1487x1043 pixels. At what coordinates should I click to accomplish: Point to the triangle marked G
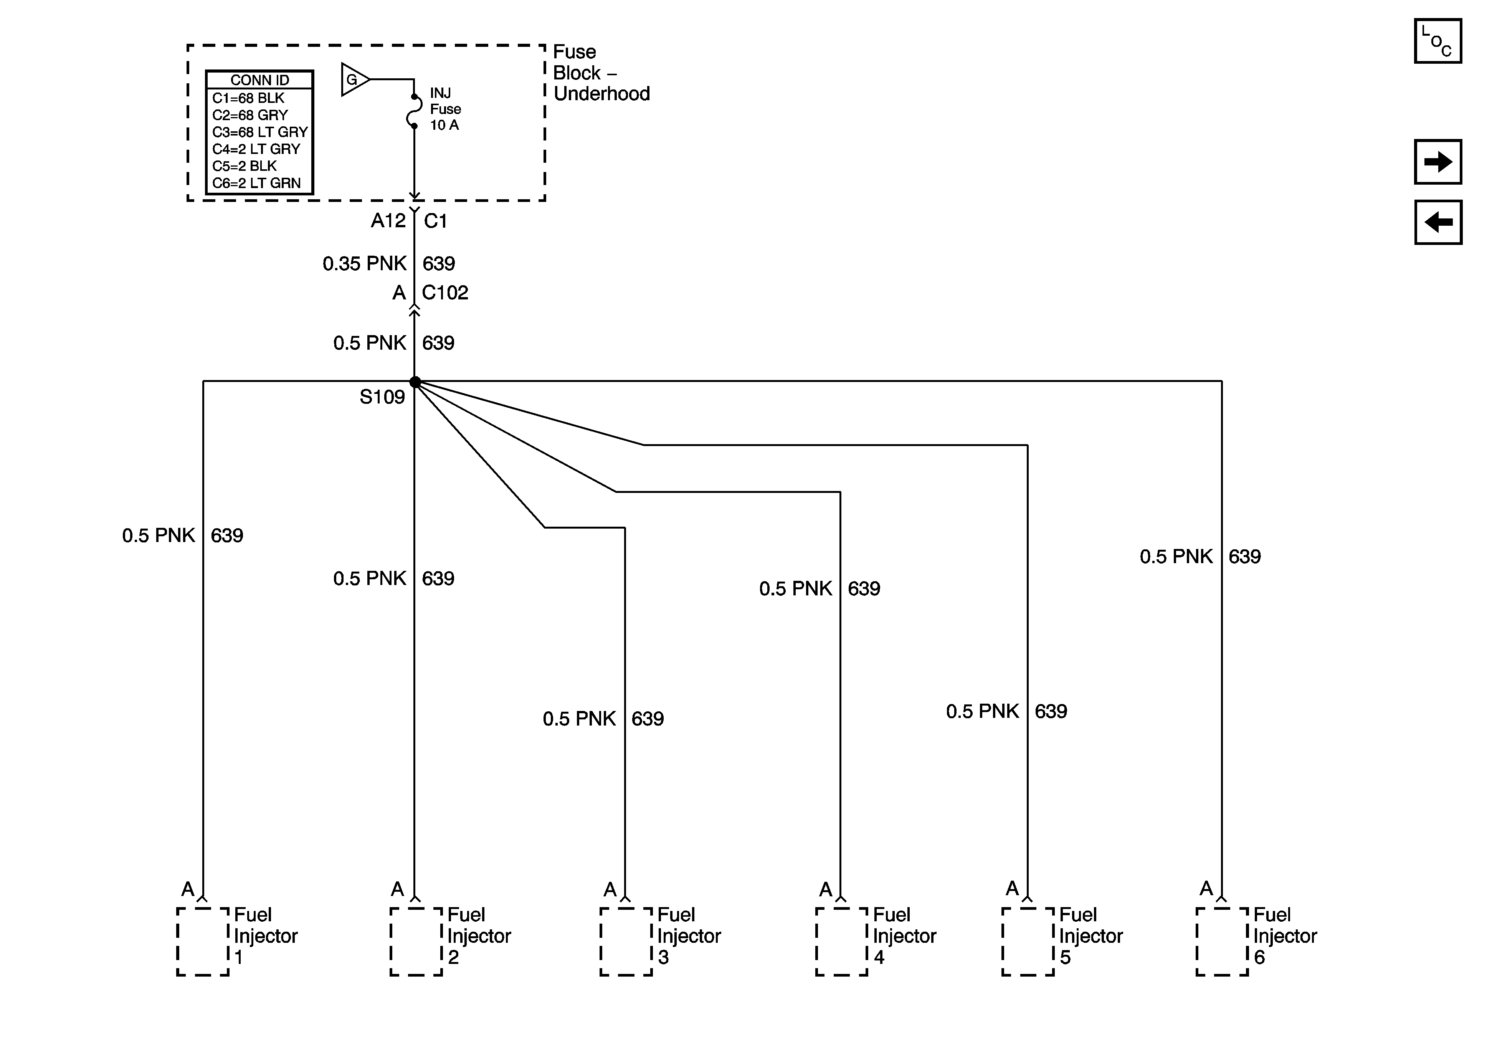pyautogui.click(x=354, y=80)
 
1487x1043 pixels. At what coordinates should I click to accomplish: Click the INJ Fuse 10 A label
pyautogui.click(x=445, y=109)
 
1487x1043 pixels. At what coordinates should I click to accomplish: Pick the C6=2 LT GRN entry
pyautogui.click(x=256, y=183)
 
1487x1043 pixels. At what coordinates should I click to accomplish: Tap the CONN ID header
pyautogui.click(x=260, y=80)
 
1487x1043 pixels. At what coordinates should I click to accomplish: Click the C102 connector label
pyautogui.click(x=445, y=293)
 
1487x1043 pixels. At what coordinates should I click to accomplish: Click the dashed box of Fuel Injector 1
pyautogui.click(x=203, y=941)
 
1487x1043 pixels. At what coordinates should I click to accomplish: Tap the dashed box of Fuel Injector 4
pyautogui.click(x=841, y=941)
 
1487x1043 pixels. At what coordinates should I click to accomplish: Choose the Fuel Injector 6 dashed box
pyautogui.click(x=1221, y=941)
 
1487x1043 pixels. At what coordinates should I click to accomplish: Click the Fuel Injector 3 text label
pyautogui.click(x=689, y=936)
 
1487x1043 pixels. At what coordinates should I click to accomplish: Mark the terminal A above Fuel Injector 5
pyautogui.click(x=1012, y=889)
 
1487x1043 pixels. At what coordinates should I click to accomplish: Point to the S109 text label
pyautogui.click(x=382, y=397)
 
